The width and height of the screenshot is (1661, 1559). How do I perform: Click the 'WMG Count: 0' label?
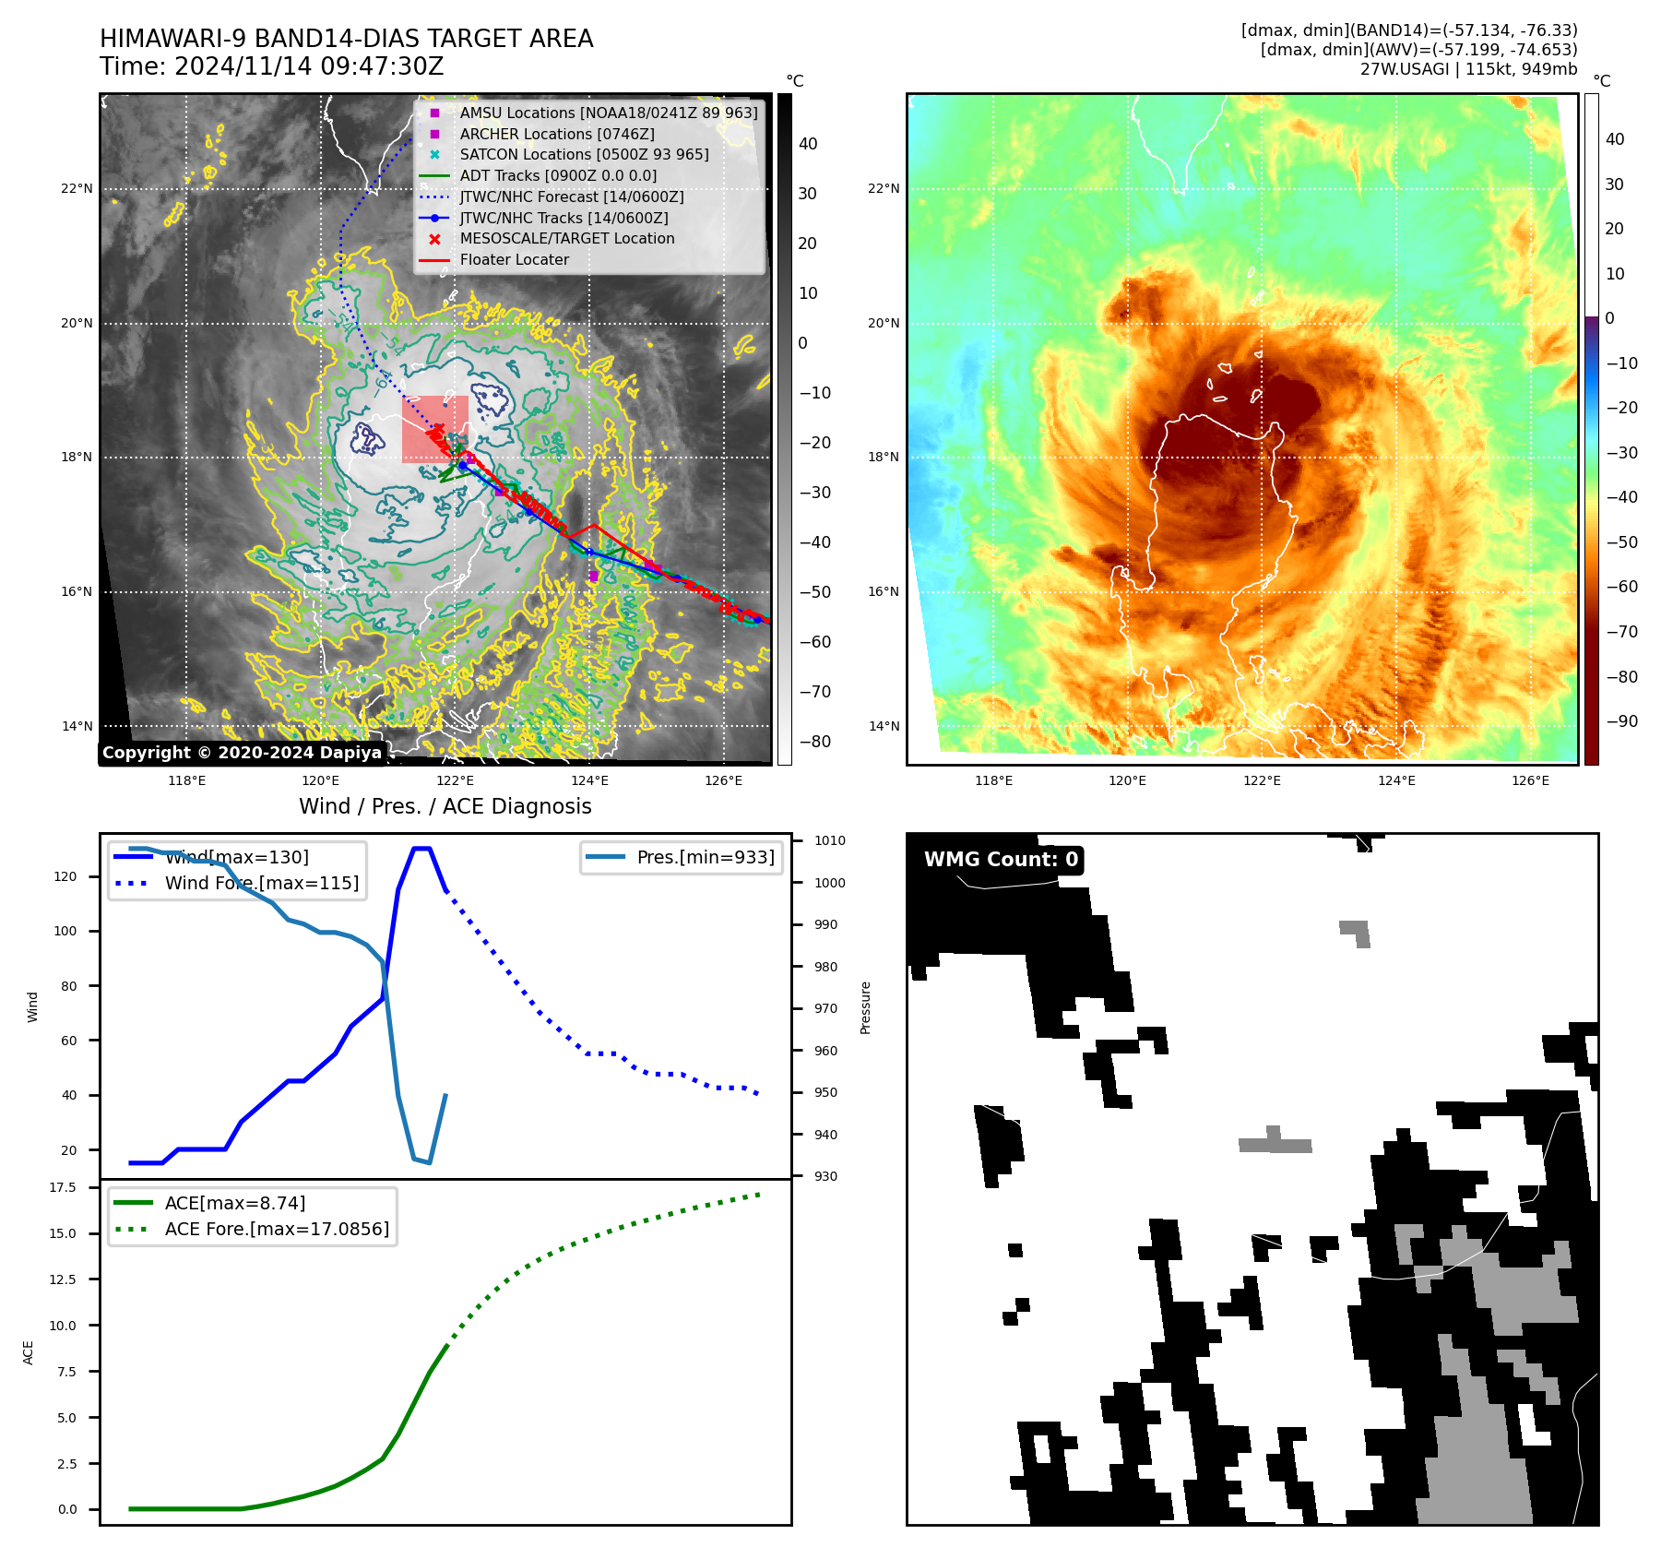point(1001,860)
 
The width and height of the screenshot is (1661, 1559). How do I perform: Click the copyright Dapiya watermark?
point(242,753)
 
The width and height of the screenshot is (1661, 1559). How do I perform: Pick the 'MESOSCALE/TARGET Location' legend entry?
point(566,238)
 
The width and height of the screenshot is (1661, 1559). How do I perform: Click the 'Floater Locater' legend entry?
point(514,259)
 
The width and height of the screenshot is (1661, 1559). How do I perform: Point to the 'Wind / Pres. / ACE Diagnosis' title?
point(445,806)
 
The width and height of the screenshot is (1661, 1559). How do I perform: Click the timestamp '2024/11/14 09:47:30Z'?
point(309,66)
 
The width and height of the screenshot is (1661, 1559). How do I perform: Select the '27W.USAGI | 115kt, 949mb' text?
point(1468,69)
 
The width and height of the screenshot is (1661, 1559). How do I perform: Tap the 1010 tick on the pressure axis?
point(830,840)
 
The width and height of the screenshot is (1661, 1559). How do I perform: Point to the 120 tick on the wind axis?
point(65,876)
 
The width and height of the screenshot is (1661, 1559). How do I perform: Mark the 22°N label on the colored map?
point(883,188)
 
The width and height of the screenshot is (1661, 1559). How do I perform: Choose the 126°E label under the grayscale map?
point(723,780)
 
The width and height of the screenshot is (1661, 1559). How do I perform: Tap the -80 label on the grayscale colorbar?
point(814,742)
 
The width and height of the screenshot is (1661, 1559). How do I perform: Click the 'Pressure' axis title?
point(865,1007)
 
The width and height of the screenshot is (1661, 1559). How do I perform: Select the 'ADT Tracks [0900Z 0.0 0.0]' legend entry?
point(558,175)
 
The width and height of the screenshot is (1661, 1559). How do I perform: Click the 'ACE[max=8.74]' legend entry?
point(234,1203)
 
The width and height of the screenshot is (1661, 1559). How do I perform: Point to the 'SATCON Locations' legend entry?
point(584,154)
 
